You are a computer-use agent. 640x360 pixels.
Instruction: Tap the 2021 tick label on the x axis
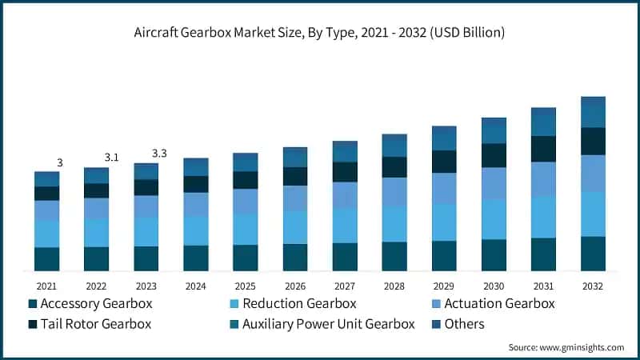(x=46, y=286)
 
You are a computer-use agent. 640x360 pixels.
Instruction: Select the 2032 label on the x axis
(x=593, y=286)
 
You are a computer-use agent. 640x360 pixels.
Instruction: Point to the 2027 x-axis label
(x=345, y=286)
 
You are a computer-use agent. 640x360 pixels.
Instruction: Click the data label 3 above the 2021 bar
(x=60, y=162)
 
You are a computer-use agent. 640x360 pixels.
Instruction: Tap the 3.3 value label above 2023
(x=159, y=153)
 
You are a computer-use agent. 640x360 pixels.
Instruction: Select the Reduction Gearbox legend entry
(x=292, y=304)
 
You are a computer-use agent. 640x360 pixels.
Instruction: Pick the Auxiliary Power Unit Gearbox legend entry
(x=321, y=324)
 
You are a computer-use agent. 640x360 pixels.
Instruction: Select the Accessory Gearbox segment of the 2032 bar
(x=593, y=254)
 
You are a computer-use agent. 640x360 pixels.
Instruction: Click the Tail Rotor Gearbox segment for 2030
(x=494, y=155)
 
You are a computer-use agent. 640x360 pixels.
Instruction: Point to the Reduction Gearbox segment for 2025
(x=246, y=229)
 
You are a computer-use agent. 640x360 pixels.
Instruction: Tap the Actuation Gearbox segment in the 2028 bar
(x=394, y=192)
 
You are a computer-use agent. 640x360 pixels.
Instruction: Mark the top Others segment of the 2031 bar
(x=543, y=114)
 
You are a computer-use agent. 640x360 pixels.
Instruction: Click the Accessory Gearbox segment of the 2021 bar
(x=46, y=259)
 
